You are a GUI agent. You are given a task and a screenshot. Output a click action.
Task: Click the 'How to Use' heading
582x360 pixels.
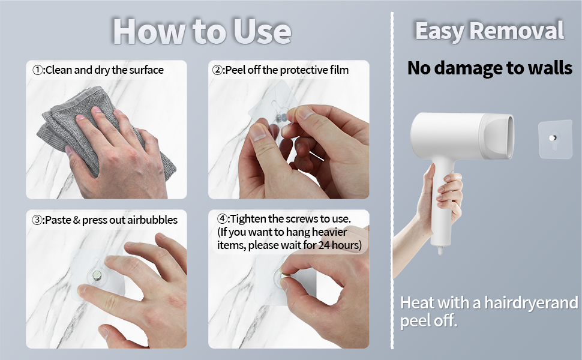[202, 31]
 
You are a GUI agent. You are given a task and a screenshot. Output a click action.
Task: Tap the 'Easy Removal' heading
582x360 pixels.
[490, 31]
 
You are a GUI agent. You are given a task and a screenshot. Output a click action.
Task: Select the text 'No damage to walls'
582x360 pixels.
[490, 68]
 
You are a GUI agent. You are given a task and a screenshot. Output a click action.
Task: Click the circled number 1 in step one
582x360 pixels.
[37, 70]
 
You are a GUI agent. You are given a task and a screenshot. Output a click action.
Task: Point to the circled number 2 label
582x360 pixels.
[217, 70]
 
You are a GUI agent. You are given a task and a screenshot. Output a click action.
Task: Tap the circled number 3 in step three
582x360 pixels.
[37, 220]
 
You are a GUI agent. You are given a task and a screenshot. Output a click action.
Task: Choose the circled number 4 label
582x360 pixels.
[222, 218]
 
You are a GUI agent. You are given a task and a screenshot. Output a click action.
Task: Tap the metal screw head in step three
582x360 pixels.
[97, 275]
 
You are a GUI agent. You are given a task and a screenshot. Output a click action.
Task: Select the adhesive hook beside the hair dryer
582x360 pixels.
[555, 139]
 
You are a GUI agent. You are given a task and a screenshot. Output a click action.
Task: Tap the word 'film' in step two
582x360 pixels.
[339, 70]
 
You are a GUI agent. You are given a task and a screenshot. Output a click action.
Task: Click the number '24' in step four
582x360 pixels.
[324, 245]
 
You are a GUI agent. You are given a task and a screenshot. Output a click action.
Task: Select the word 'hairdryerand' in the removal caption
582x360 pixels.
[531, 303]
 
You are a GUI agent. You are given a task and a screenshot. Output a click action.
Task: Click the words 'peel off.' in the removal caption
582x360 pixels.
[428, 320]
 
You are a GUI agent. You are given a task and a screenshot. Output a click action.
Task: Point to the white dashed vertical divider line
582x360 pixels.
[392, 181]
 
